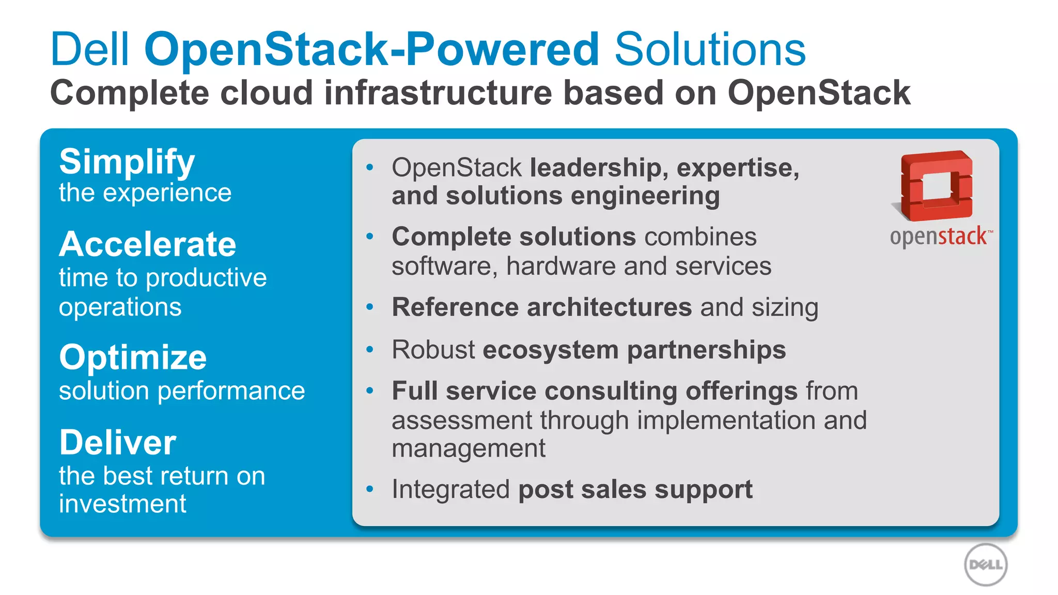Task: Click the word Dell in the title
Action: pos(89,50)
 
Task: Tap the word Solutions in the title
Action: pos(710,50)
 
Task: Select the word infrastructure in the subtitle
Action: pos(438,93)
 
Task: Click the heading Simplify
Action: pos(127,162)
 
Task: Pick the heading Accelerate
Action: pos(148,244)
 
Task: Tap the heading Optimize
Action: pos(133,357)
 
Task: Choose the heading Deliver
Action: pos(118,443)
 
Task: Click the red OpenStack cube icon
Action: pos(936,185)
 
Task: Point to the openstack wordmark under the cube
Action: pos(939,237)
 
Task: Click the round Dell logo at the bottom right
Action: pos(986,565)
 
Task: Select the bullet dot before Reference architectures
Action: pos(369,307)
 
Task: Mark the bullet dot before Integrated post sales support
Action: pos(369,489)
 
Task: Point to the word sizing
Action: pos(785,308)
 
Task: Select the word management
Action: pos(468,448)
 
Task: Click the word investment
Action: pos(122,504)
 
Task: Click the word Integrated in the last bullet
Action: pos(450,489)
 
